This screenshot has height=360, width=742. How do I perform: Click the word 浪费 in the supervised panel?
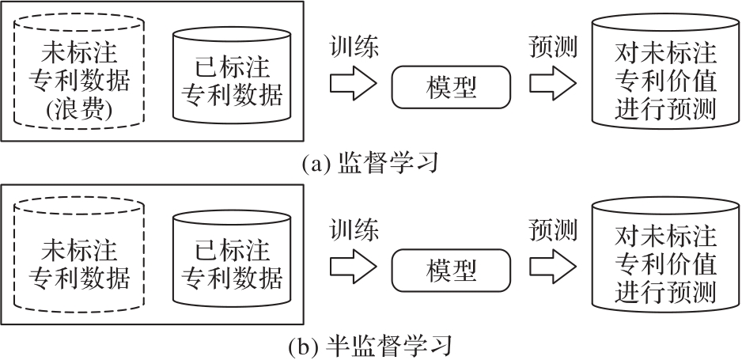[x=79, y=110]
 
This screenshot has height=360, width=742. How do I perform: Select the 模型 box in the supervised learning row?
[x=451, y=87]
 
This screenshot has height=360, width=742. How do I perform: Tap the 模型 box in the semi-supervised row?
[x=451, y=270]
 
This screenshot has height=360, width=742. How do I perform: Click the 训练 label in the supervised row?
[x=354, y=47]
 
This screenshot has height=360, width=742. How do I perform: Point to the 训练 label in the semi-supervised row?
[x=354, y=230]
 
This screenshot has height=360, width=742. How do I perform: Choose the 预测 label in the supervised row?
[x=554, y=47]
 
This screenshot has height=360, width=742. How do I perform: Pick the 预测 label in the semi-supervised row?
[x=554, y=230]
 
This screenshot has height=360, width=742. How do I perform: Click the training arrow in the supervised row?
[x=354, y=84]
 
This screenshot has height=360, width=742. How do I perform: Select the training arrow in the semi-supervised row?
[x=354, y=267]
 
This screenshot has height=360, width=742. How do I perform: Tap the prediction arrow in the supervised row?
[x=553, y=84]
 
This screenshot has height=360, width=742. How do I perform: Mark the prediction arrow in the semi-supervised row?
[x=553, y=267]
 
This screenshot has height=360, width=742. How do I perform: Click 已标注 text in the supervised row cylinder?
[x=232, y=67]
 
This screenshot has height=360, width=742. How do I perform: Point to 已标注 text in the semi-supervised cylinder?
[x=232, y=251]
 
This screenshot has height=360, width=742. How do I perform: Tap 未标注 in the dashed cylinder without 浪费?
[x=79, y=251]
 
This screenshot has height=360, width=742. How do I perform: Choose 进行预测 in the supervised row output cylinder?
[x=664, y=110]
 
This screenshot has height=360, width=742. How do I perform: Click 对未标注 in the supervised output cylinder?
[x=664, y=54]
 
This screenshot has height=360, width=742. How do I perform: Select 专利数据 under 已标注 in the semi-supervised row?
[x=232, y=278]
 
